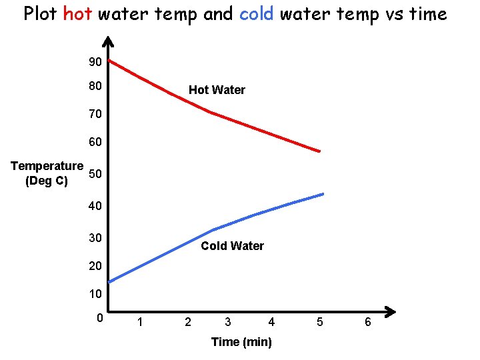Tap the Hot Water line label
217,90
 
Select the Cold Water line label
232,246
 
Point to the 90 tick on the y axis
95,62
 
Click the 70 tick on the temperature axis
95,114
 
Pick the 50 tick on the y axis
95,175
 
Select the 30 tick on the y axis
95,237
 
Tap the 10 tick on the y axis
95,294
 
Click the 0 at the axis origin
99,317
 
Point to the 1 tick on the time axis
139,323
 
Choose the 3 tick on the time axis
228,323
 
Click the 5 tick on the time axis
320,323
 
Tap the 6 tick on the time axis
367,323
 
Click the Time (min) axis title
241,342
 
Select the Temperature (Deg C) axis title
47,173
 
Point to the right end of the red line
319,151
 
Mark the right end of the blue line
322,194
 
